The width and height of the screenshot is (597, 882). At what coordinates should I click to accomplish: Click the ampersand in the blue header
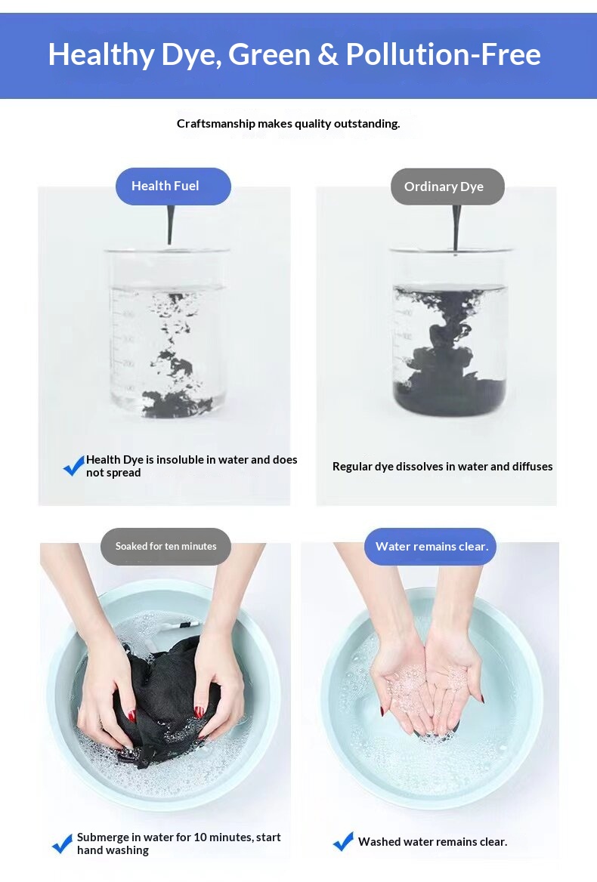tap(327, 54)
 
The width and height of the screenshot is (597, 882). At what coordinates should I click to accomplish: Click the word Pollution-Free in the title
tap(444, 54)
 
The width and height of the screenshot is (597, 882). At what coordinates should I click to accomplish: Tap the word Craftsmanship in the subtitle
tap(215, 124)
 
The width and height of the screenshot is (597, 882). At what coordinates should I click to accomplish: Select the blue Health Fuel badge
tap(173, 187)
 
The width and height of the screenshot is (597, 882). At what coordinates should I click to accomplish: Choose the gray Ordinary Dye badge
tap(447, 187)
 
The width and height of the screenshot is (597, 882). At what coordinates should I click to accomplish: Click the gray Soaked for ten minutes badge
tap(165, 546)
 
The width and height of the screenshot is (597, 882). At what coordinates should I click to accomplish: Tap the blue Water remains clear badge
tap(431, 546)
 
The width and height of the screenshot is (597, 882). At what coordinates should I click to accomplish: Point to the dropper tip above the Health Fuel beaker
tap(170, 242)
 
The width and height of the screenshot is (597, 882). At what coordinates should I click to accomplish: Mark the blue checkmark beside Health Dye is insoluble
tap(74, 466)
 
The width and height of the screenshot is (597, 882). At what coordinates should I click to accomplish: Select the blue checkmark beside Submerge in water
tap(63, 843)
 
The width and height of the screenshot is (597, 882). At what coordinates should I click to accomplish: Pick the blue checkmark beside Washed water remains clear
tap(343, 841)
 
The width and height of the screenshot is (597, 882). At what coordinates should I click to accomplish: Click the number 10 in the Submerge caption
tap(200, 837)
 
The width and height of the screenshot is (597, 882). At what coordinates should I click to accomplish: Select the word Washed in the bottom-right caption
tap(378, 841)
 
